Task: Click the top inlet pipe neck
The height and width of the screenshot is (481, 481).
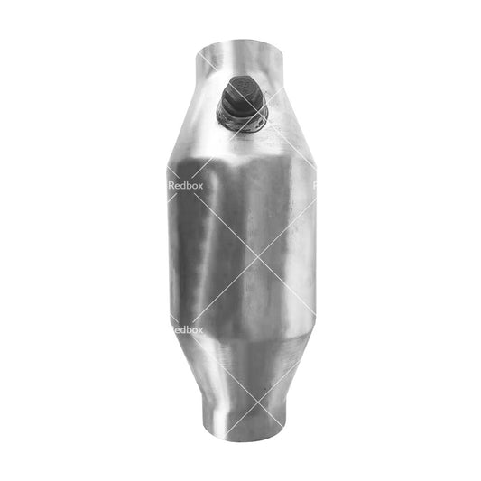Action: click(239, 59)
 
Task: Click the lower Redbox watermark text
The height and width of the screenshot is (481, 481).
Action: click(187, 330)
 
